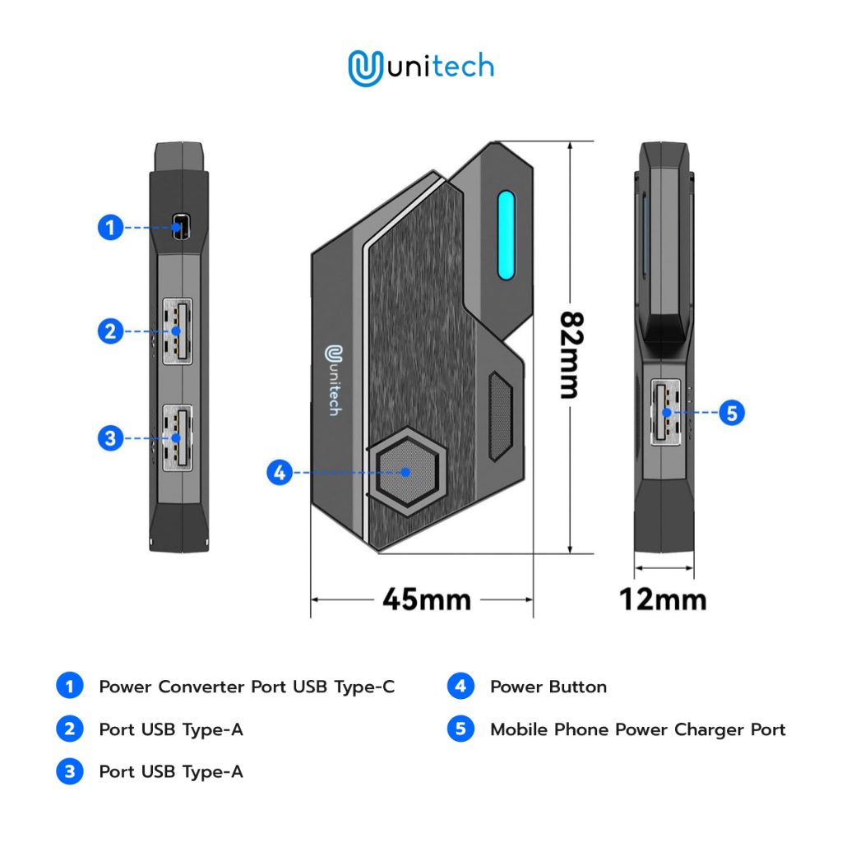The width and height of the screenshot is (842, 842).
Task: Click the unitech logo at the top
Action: point(421,68)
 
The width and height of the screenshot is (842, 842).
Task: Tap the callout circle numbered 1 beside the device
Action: point(111,227)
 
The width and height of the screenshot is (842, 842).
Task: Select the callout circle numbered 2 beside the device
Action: point(111,331)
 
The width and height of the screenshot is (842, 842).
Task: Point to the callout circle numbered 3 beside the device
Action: point(111,438)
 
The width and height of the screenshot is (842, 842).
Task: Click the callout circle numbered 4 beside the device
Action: point(280,473)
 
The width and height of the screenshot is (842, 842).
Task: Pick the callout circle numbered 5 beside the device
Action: point(732,412)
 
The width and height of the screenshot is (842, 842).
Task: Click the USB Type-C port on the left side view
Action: point(179,227)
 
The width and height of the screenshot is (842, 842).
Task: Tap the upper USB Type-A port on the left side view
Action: point(178,331)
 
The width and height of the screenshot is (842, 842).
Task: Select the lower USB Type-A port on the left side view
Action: point(178,438)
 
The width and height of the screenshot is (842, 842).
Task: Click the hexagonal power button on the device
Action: point(407,472)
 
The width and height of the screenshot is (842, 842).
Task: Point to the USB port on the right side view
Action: point(665,411)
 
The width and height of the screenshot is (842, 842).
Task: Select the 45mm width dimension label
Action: point(427,599)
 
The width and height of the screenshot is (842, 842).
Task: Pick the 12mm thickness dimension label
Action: point(663,599)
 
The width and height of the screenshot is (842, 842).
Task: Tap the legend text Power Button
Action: point(548,687)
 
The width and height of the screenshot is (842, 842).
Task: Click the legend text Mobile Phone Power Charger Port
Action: point(637,730)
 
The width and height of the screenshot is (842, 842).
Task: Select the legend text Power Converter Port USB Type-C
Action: point(247,687)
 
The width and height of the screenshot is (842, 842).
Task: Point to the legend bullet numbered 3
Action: point(70,772)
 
